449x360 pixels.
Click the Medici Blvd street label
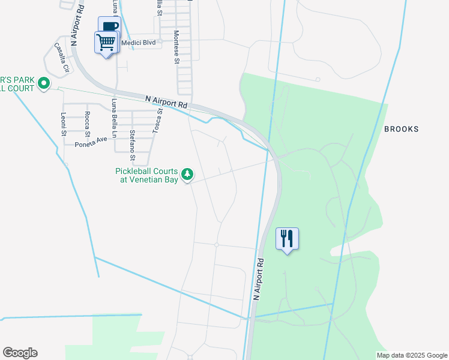[x=138, y=43]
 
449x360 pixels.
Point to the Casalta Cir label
[x=62, y=58]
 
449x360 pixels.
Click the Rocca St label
[x=88, y=122]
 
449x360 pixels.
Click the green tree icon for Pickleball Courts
[x=188, y=175]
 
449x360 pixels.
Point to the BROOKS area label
[x=401, y=129]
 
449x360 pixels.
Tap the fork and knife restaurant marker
[x=287, y=238]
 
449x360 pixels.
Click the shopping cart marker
[x=106, y=43]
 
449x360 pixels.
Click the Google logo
[x=20, y=353]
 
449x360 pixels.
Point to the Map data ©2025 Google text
[x=412, y=355]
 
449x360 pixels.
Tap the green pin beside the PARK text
[x=43, y=83]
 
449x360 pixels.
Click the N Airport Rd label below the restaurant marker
[x=259, y=280]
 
